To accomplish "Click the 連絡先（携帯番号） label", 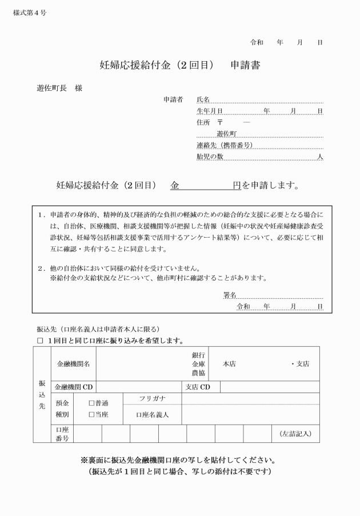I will coord(224,145).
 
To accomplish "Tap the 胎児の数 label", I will coord(209,157).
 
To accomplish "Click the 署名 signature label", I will coord(230,295).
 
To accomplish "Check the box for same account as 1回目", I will coord(40,341).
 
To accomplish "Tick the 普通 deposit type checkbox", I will coord(91,403).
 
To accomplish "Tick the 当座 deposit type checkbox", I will coord(91,414).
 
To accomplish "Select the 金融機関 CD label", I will coord(74,387).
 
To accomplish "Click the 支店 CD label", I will coord(198,387).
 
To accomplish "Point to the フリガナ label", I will coord(153,398).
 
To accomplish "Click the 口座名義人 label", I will coord(153,414).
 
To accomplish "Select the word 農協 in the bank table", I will coord(199,373).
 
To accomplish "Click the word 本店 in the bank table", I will coord(229,364).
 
